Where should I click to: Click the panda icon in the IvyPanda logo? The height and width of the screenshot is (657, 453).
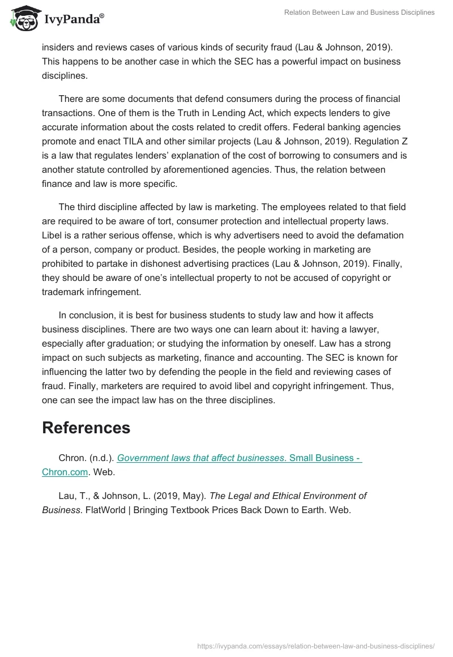point(22,19)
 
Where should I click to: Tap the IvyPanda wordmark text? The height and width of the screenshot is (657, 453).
point(74,20)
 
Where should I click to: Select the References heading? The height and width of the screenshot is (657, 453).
point(86,428)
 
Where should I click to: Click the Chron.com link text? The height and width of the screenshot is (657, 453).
point(65,471)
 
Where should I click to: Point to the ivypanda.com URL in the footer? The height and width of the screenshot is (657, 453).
point(315,645)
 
